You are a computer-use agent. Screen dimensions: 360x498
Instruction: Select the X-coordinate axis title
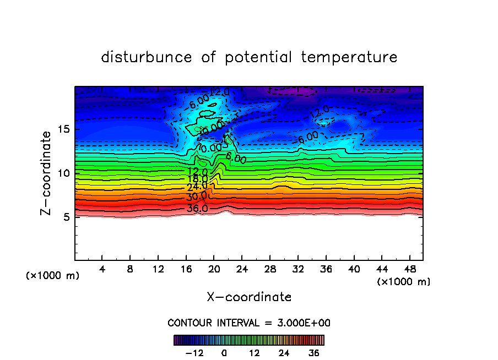pyautogui.click(x=249, y=297)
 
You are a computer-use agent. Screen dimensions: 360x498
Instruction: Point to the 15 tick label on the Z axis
pyautogui.click(x=63, y=130)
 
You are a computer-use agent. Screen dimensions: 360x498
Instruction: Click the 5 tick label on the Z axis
pyautogui.click(x=66, y=217)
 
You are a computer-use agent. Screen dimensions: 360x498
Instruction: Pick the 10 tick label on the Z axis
pyautogui.click(x=63, y=173)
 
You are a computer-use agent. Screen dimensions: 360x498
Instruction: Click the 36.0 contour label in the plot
pyautogui.click(x=197, y=208)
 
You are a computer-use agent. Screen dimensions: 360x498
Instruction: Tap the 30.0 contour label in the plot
pyautogui.click(x=197, y=197)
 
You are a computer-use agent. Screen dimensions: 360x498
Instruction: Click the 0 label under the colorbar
pyautogui.click(x=224, y=353)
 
